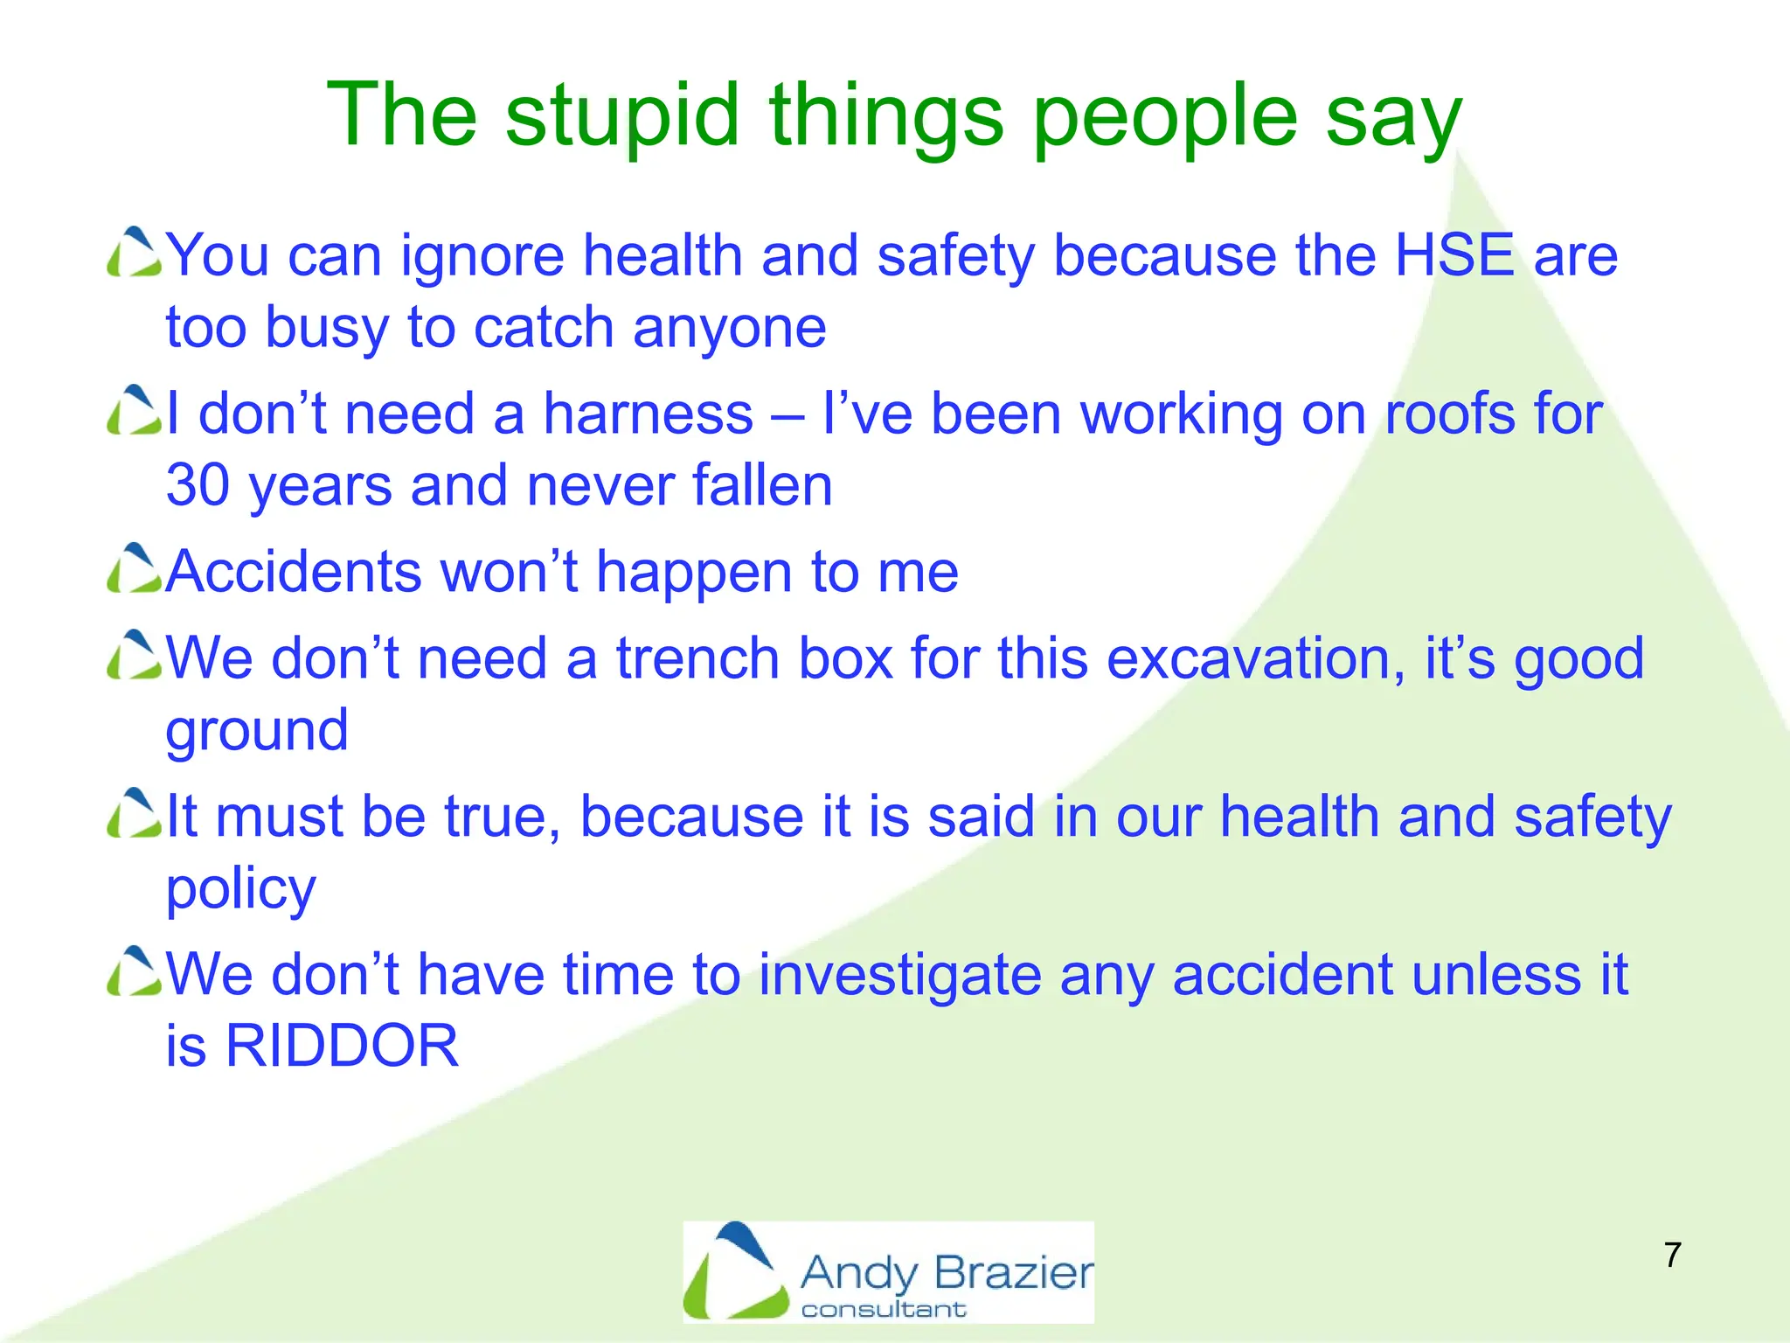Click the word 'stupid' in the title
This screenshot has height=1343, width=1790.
pos(622,116)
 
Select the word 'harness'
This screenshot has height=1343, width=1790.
pos(648,414)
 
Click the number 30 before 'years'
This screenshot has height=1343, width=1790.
pos(198,485)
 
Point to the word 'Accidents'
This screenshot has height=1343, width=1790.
pos(294,572)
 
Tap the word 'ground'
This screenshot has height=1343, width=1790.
pos(257,731)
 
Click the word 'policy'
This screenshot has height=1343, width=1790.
pos(240,889)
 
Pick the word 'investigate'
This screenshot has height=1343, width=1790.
pos(900,974)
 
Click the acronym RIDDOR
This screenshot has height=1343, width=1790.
pos(342,1046)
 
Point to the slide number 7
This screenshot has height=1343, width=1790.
pos(1673,1255)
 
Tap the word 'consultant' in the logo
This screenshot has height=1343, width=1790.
pos(884,1309)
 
